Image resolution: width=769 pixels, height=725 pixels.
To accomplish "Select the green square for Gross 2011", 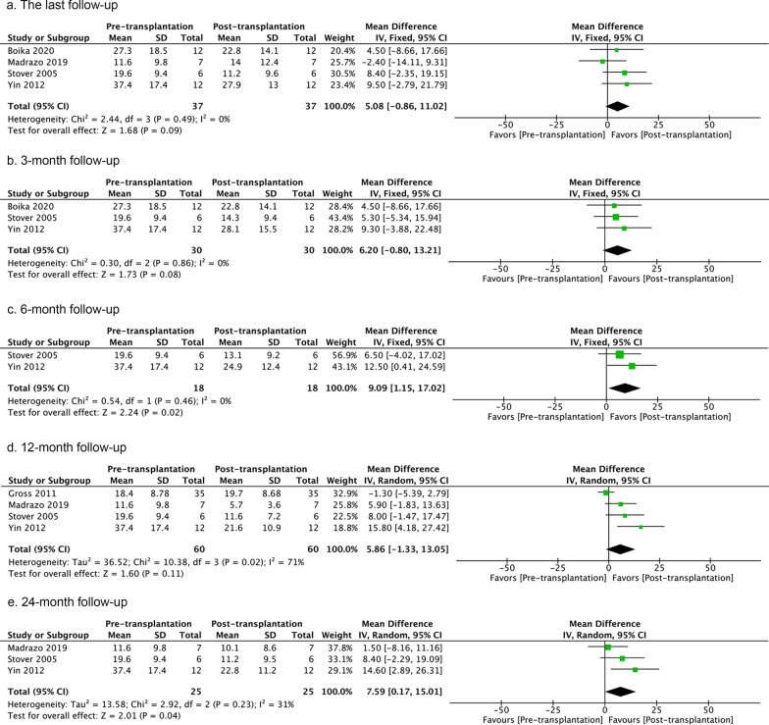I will (605, 492).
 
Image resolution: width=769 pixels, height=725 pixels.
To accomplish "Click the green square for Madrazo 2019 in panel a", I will (602, 61).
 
